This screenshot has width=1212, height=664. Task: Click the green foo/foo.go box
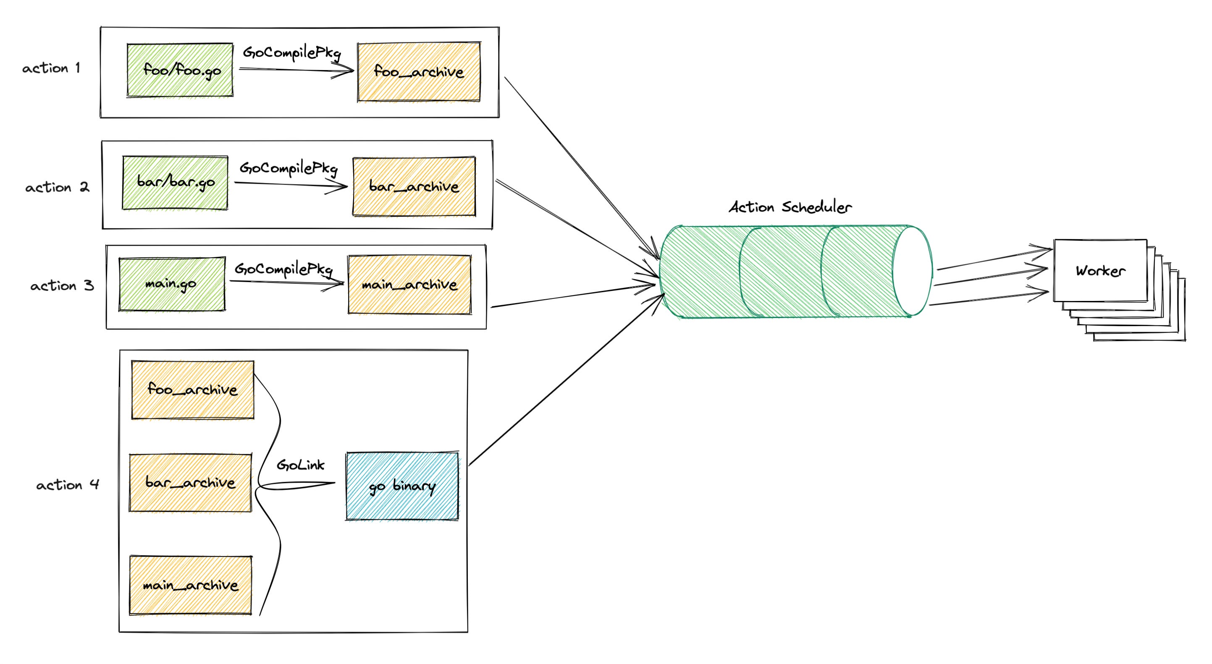point(180,70)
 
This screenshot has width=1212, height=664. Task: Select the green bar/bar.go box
point(175,183)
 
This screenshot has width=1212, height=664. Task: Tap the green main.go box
point(172,284)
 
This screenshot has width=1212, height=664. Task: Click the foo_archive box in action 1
point(419,71)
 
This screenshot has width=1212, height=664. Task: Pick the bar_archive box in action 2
point(414,187)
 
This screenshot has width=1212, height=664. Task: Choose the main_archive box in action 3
point(409,285)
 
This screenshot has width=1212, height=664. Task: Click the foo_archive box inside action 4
point(192,390)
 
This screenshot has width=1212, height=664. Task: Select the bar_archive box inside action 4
point(190,483)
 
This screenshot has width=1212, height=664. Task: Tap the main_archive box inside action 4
point(191,586)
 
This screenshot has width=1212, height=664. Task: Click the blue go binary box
point(402,486)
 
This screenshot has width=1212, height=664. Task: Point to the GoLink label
point(300,465)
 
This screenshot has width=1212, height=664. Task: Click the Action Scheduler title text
point(790,207)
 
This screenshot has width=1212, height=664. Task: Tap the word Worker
point(1100,270)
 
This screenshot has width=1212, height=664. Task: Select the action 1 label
point(51,68)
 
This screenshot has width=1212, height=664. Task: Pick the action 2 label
point(57,187)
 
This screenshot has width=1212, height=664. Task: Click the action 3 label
point(62,285)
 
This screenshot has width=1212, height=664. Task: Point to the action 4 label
point(68,485)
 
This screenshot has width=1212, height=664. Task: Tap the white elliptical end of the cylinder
point(912,271)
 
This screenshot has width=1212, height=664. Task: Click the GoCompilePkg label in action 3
point(284,269)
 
